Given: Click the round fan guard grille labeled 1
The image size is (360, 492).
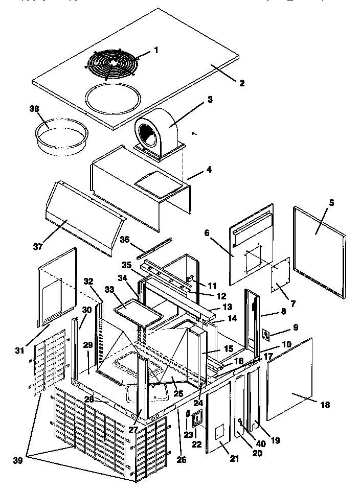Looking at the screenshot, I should point(110,64).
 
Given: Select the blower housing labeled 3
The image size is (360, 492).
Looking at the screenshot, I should point(156,128).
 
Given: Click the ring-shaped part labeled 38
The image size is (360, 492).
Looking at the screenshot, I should point(60,134).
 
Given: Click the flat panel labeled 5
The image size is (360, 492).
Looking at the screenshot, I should point(320,250).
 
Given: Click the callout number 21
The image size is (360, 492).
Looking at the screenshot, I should point(234,459).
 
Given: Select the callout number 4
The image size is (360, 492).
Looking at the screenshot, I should point(209,169).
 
